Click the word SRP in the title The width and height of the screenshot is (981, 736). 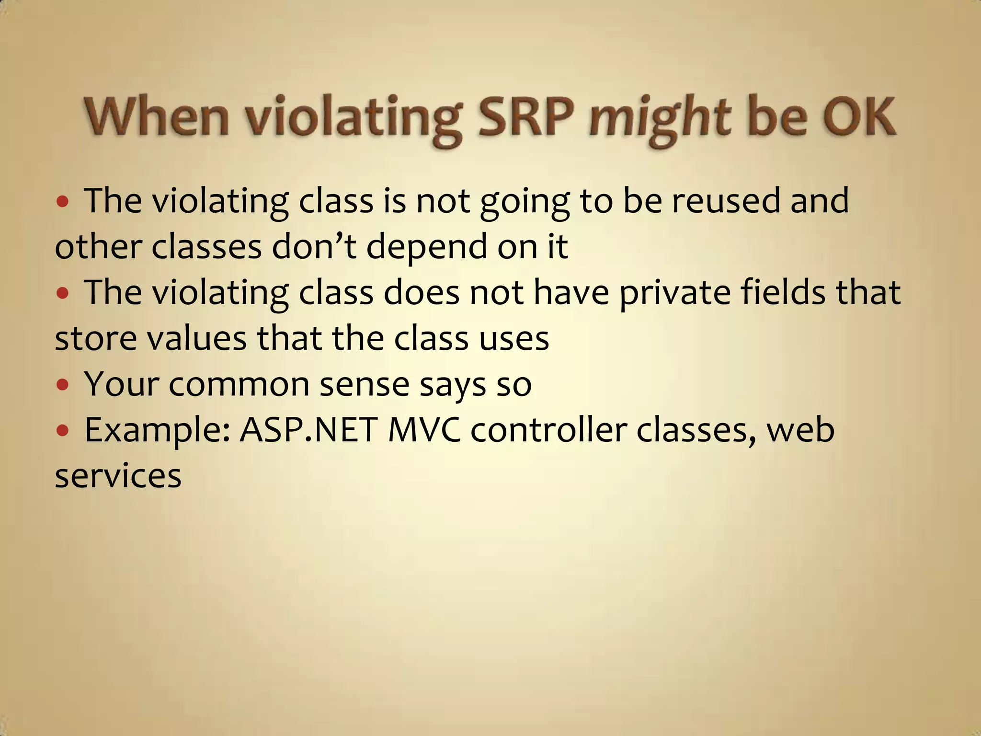pos(525,117)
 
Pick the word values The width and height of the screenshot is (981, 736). pos(197,338)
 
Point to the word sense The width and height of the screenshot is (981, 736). pos(364,384)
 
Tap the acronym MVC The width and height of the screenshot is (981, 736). pos(424,430)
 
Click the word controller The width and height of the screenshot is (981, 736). pos(548,430)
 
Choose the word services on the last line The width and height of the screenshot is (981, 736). pos(118,476)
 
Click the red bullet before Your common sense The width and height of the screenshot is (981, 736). pos(63,385)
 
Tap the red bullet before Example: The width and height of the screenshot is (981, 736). pos(63,430)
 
